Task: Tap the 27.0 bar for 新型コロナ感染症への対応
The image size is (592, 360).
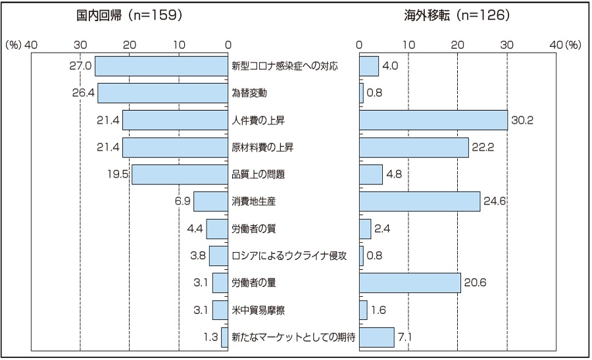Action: [162, 66]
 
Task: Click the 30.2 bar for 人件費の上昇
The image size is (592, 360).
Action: [433, 120]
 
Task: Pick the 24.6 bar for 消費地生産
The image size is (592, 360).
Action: [420, 201]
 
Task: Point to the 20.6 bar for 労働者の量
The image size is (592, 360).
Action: [410, 282]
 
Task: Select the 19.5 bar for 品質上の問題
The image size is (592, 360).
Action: [180, 174]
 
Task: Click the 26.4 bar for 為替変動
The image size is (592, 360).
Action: [163, 93]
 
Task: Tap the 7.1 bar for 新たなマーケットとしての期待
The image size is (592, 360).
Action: [377, 337]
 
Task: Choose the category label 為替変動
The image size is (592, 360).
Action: [249, 93]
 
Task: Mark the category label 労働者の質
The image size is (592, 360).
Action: [254, 228]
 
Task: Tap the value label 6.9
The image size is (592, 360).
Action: [182, 201]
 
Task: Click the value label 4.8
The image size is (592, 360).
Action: [394, 174]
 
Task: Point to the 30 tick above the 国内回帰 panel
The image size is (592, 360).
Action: [80, 44]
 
